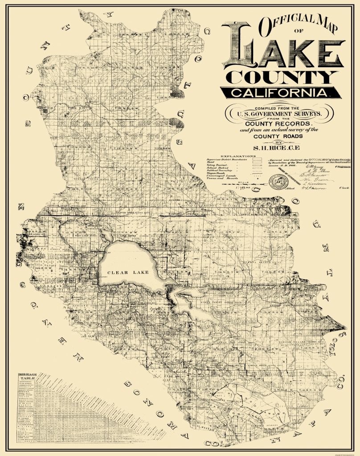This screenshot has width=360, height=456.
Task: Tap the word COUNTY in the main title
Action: (282, 77)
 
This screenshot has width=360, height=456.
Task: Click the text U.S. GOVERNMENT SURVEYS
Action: (279, 114)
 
